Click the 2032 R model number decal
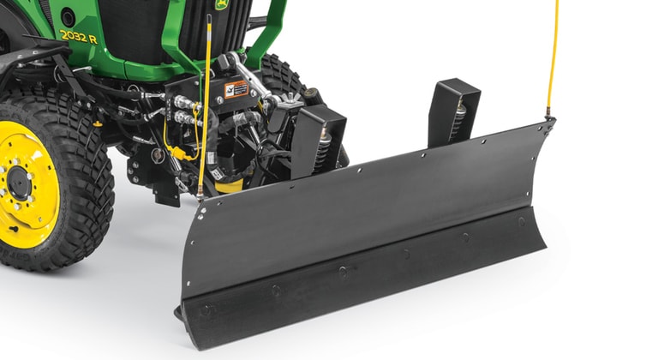click(x=78, y=36)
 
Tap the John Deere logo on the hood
click(x=222, y=5)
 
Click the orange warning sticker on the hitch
click(x=236, y=89)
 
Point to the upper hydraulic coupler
click(x=184, y=102)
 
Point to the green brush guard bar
click(x=266, y=34)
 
